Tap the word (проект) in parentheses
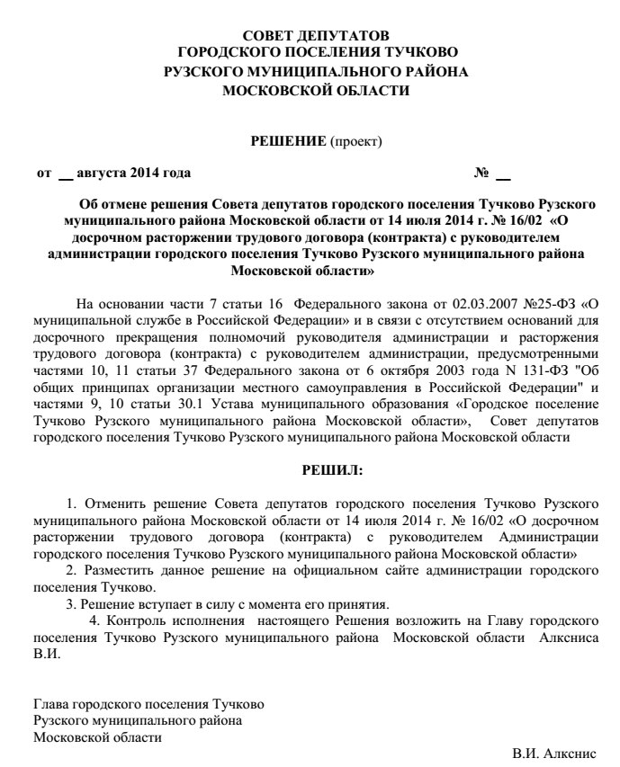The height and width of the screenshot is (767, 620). (356, 141)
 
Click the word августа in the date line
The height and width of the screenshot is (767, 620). (102, 173)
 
